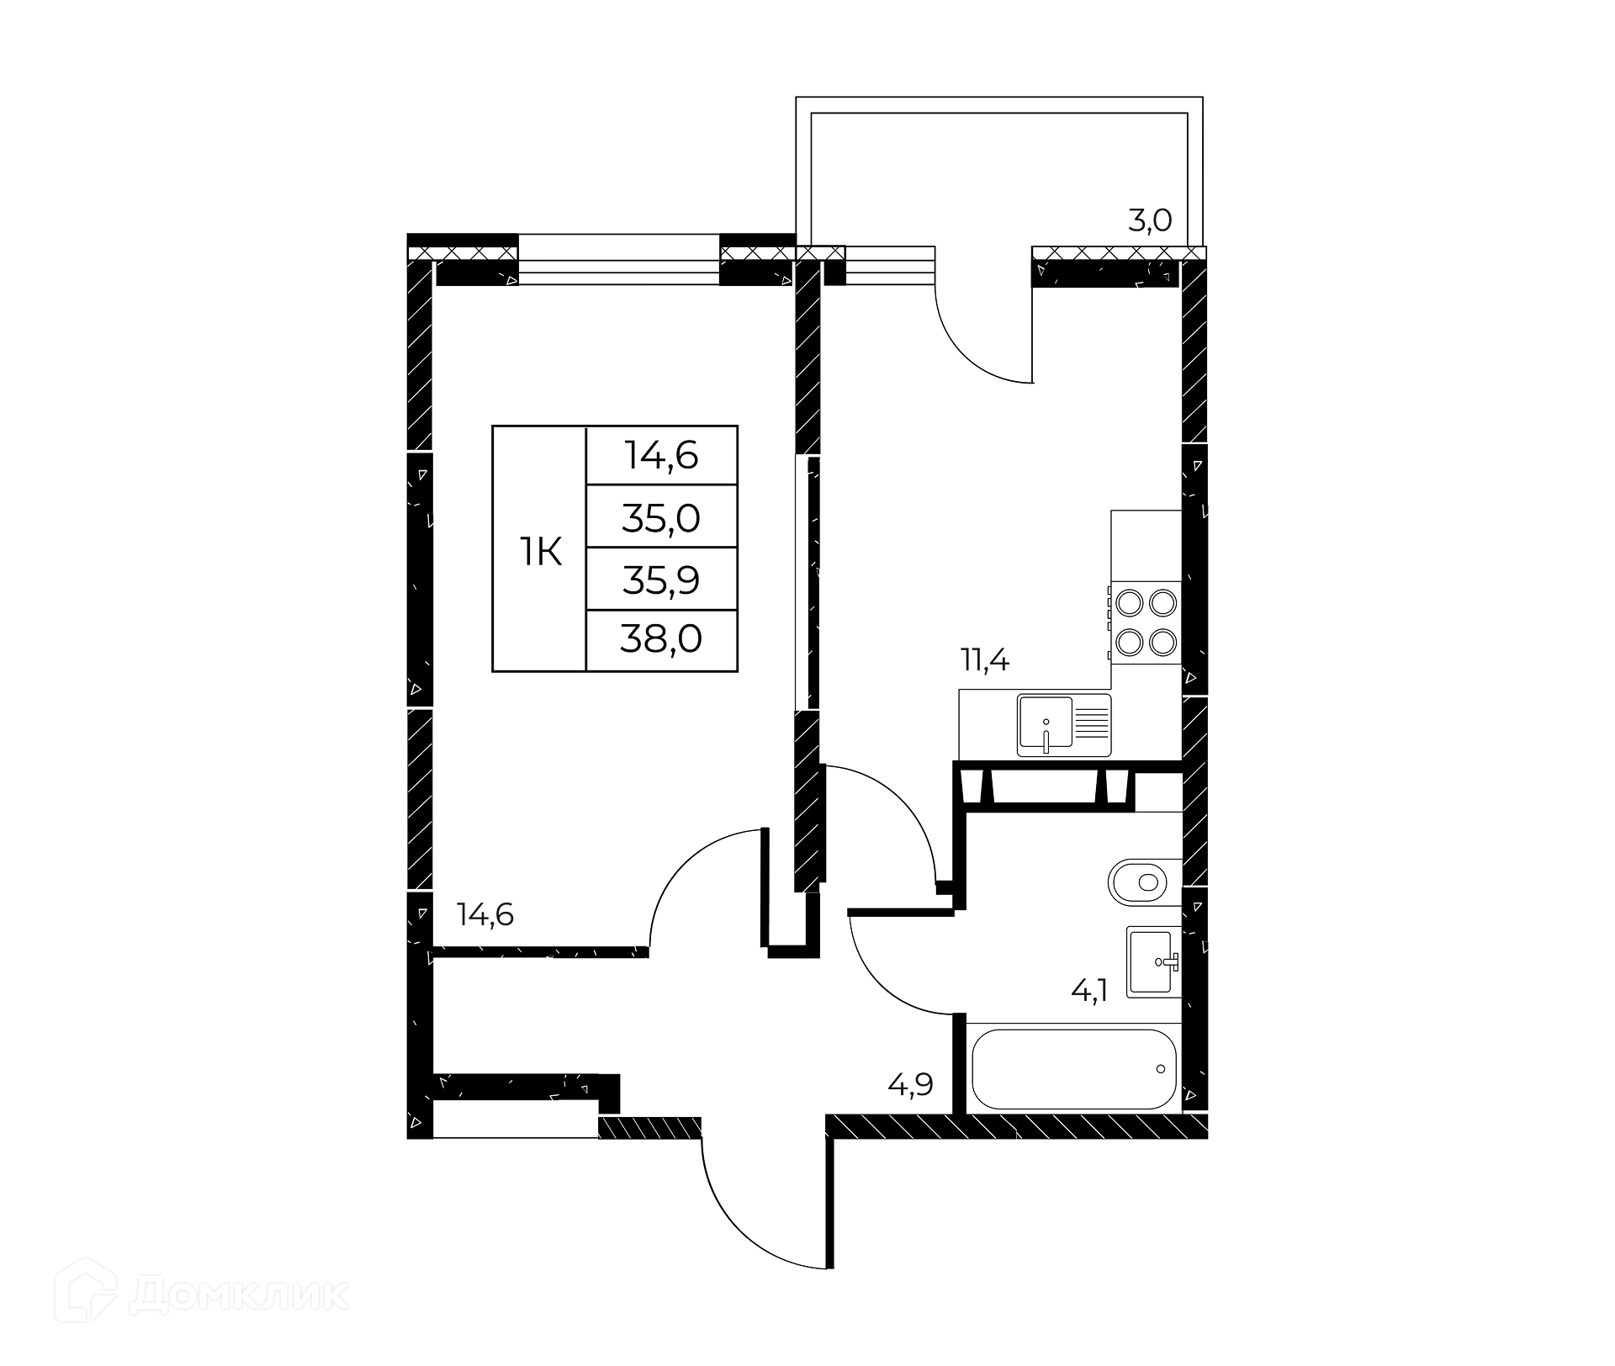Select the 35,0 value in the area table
click(x=661, y=518)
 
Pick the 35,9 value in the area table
click(x=661, y=580)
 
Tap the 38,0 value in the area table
click(x=661, y=640)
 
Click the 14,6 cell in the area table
click(x=661, y=456)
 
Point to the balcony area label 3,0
click(x=1150, y=220)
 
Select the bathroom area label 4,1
click(x=1089, y=991)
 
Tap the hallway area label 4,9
click(x=911, y=1085)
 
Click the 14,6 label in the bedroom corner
click(x=484, y=914)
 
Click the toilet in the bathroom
click(x=1145, y=882)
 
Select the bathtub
click(x=1073, y=1068)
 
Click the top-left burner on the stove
click(x=1128, y=603)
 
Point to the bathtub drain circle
click(x=1161, y=1069)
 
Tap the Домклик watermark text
click(x=239, y=1296)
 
